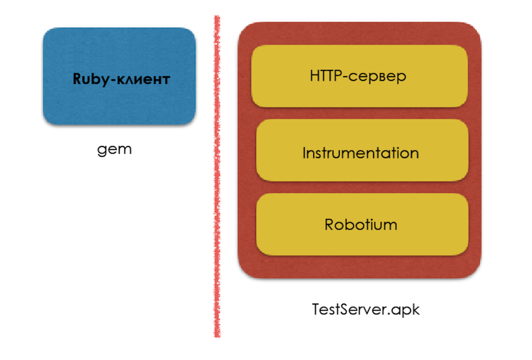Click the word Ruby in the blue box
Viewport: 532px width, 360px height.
point(89,80)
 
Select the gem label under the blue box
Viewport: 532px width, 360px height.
point(114,149)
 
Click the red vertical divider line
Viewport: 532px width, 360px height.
point(217,180)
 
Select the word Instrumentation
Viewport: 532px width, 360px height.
point(360,153)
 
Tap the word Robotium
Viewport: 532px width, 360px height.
point(360,224)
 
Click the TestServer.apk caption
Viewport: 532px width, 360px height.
point(366,310)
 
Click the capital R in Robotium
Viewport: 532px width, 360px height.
point(329,224)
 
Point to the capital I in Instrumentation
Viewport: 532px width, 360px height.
point(305,153)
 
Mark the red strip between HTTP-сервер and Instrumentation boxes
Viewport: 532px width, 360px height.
point(360,113)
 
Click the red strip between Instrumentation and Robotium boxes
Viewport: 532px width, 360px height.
point(360,187)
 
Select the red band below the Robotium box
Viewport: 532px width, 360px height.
point(360,266)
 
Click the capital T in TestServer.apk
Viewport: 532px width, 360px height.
point(316,309)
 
